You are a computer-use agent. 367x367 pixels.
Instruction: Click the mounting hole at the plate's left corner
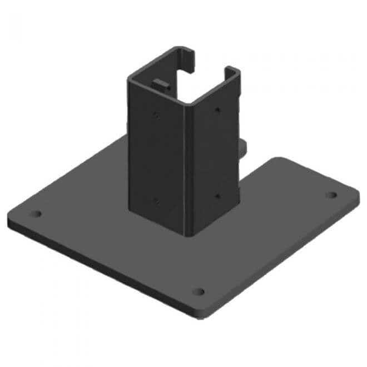click(x=37, y=214)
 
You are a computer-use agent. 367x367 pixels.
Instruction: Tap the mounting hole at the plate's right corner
click(x=331, y=195)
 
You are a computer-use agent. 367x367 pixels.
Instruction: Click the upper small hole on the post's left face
click(x=156, y=116)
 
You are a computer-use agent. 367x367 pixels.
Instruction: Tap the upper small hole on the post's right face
click(x=218, y=110)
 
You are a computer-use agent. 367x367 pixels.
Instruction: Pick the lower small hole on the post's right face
click(x=217, y=195)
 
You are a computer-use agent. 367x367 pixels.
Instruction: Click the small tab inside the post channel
click(x=160, y=85)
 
